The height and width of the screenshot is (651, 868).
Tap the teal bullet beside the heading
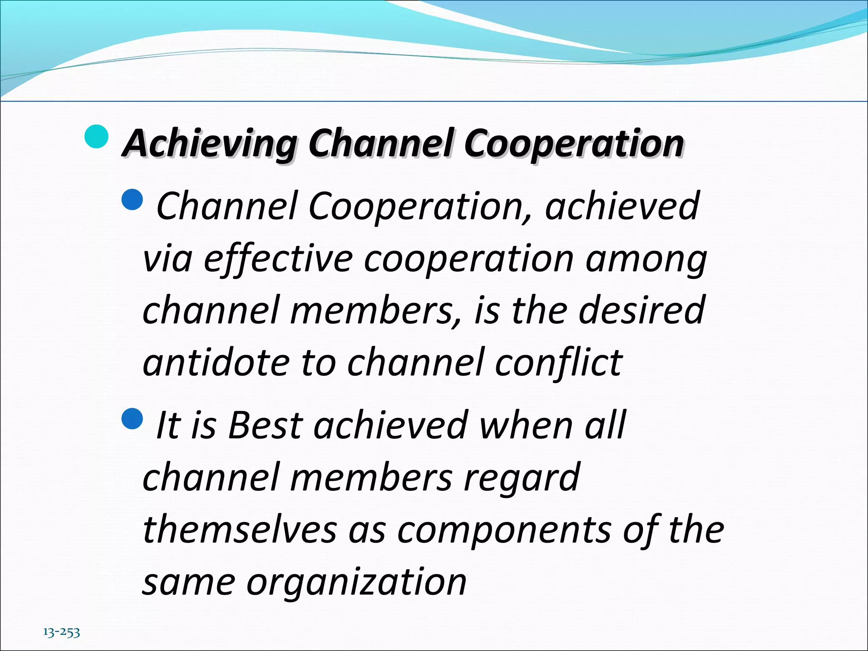point(96,136)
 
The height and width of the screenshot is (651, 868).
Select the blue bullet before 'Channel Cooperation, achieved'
point(132,200)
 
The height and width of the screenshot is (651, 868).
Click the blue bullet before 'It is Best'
point(132,418)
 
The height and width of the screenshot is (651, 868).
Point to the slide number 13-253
point(61,632)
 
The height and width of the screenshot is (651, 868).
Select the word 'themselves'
point(240,530)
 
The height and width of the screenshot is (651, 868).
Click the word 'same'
point(189,582)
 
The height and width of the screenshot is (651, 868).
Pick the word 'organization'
point(356,582)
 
